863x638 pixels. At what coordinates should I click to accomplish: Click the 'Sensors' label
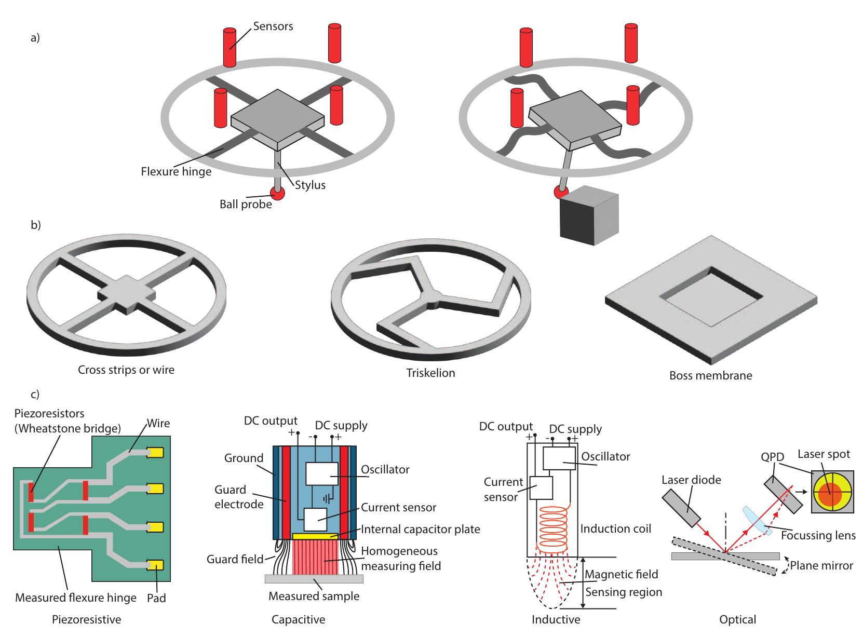pos(273,26)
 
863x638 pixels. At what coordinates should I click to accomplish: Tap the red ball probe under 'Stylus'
pos(277,193)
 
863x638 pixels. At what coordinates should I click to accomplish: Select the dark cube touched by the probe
pos(589,215)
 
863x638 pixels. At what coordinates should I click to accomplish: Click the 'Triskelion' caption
pos(430,373)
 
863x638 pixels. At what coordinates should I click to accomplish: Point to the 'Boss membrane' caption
pos(710,375)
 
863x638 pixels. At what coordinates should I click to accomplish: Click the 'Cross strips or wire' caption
pos(126,370)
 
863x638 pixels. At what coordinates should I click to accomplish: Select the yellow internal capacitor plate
pos(315,536)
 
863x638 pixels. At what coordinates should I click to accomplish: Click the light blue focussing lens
pos(757,521)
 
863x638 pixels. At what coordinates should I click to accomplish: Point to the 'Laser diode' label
pos(691,480)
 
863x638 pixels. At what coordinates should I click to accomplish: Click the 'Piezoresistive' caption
pos(86,619)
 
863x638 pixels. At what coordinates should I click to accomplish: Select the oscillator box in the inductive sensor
pos(559,458)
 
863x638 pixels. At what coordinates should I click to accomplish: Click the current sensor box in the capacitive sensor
pos(315,519)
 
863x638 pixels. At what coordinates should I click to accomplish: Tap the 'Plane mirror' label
pos(821,565)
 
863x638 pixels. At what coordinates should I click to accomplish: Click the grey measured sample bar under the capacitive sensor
pos(314,579)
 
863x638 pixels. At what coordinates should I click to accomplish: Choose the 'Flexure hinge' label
pos(176,171)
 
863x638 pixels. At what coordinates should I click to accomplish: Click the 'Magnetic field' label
pos(622,574)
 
